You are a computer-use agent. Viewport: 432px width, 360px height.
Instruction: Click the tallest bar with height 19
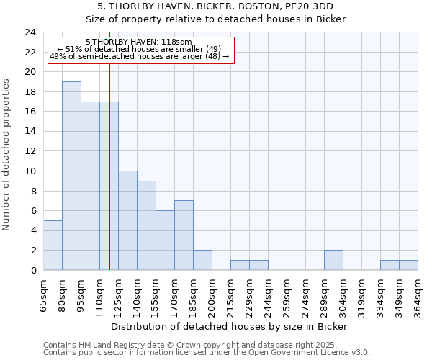(71, 176)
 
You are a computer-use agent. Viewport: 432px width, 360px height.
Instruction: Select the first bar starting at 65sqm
(53, 245)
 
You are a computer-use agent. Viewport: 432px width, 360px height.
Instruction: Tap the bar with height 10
(127, 220)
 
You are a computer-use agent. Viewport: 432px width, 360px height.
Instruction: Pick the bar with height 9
(146, 225)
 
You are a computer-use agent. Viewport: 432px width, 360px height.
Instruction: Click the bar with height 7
(184, 235)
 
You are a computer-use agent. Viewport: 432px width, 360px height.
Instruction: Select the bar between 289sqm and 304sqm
(333, 260)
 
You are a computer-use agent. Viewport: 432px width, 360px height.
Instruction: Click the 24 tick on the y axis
(30, 32)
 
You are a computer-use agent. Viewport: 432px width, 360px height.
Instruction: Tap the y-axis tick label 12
(30, 151)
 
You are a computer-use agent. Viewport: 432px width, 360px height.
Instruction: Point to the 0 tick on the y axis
(33, 270)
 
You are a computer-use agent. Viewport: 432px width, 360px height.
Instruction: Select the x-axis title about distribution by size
(230, 326)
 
